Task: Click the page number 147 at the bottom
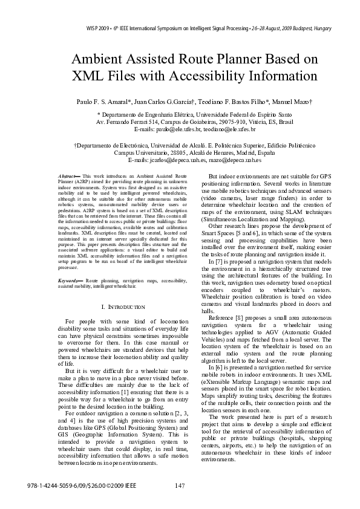pos(179,485)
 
